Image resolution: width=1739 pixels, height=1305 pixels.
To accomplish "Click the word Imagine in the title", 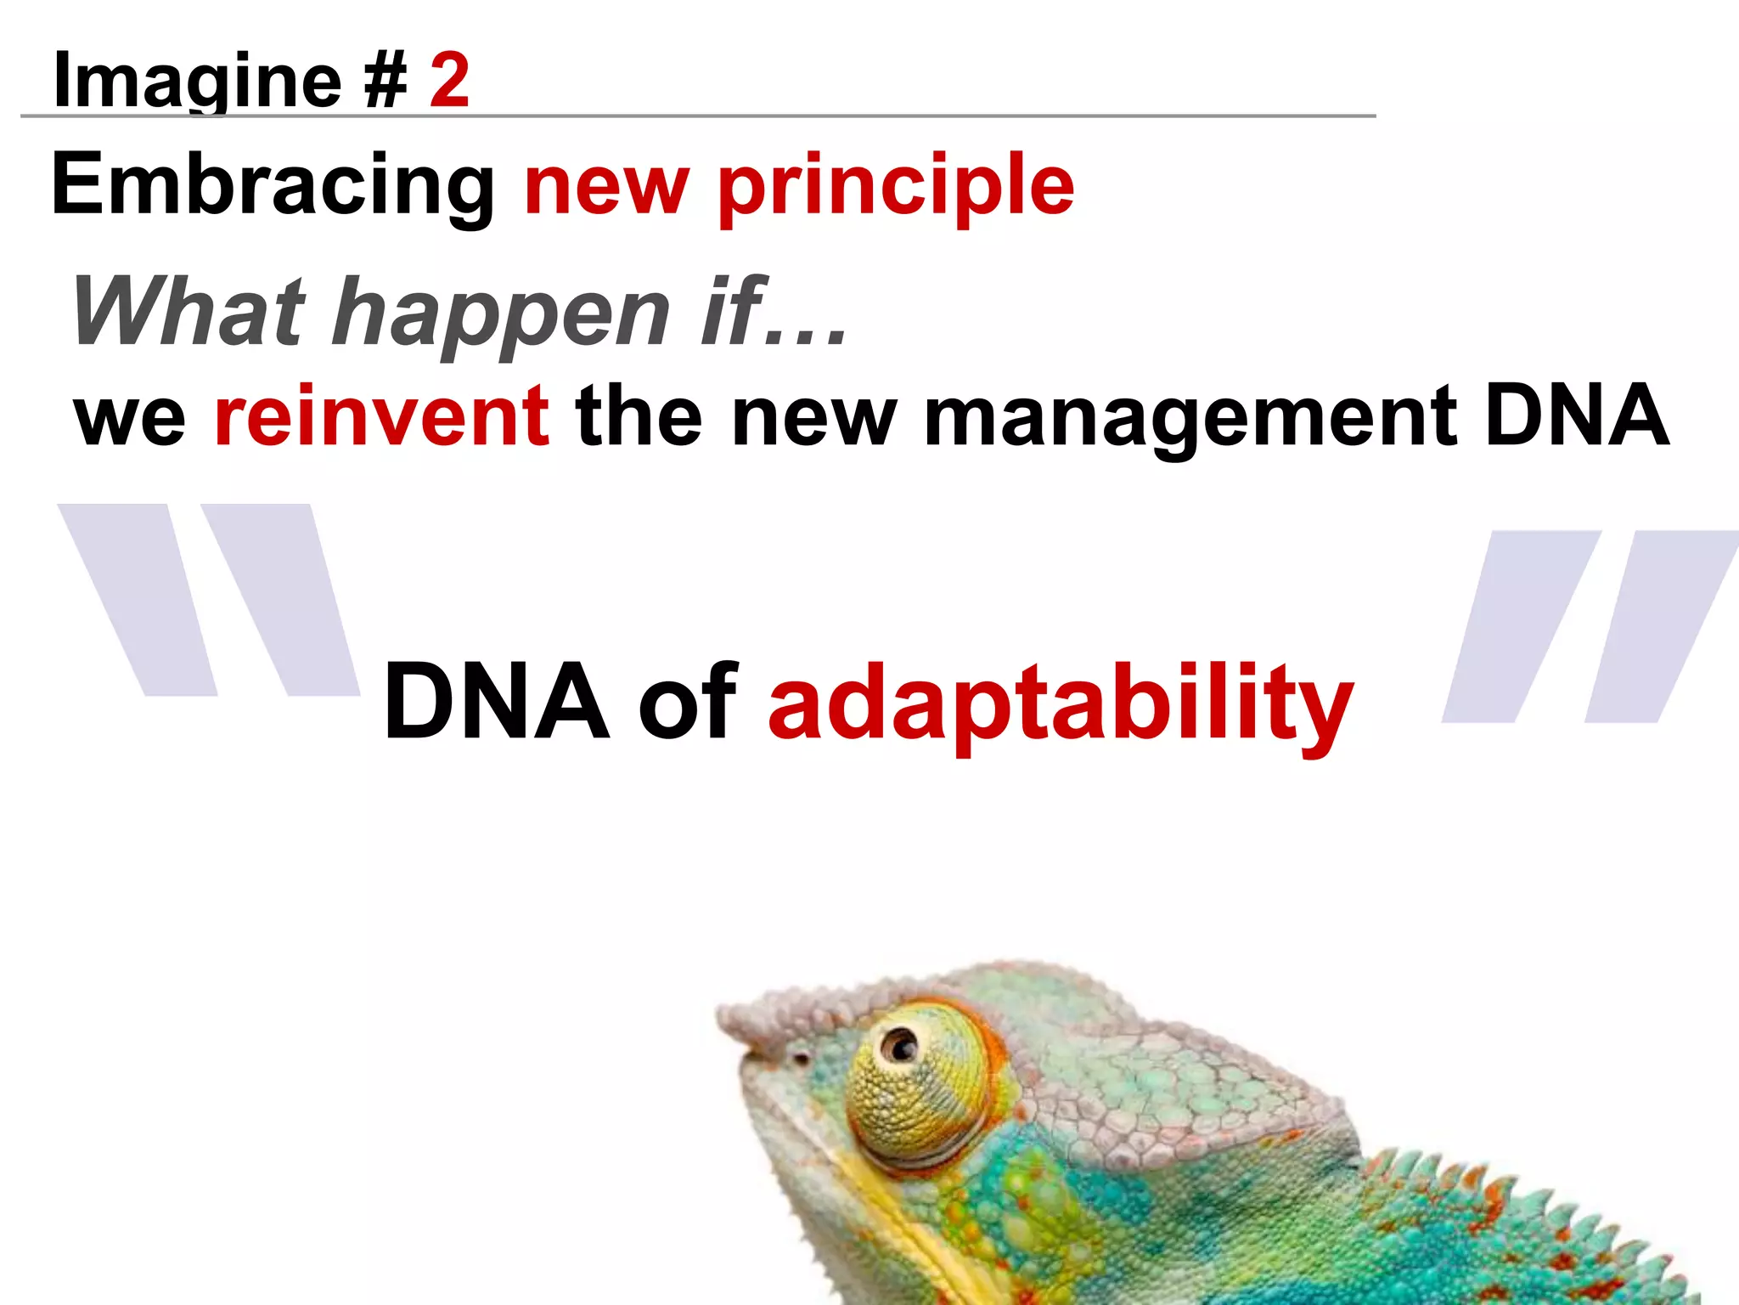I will (197, 82).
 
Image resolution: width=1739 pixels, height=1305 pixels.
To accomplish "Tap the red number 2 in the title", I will (449, 80).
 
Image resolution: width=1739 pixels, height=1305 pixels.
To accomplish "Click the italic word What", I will (189, 311).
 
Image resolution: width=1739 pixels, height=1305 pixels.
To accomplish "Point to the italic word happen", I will (501, 314).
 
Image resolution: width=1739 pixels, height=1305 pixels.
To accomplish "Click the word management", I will (1190, 418).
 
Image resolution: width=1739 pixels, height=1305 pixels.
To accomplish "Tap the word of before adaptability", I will (688, 702).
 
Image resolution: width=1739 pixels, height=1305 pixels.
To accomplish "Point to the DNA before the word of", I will (497, 702).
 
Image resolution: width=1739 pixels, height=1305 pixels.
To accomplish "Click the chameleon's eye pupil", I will (900, 1043).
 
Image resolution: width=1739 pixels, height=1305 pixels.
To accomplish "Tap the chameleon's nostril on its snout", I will (800, 1058).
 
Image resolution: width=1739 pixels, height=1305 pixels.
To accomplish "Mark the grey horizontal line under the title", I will (696, 116).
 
